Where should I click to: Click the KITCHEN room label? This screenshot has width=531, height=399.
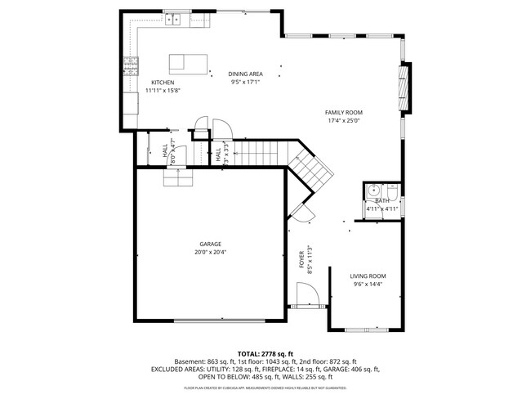163,83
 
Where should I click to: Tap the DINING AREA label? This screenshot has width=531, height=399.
245,74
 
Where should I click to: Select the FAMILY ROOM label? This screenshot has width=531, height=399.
343,113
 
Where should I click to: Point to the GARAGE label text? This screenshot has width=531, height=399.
211,244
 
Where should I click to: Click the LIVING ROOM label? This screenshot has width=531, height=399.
368,276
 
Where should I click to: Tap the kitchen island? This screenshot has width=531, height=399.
187,62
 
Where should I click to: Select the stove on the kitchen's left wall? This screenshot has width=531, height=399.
130,65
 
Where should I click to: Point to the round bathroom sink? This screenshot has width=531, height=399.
373,189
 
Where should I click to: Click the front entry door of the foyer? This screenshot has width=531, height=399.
306,294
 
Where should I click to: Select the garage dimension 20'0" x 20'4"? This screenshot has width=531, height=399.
211,253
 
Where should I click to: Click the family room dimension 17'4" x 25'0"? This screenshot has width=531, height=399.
343,121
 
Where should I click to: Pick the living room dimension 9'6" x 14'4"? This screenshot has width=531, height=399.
368,285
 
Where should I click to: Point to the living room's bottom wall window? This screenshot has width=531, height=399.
365,330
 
